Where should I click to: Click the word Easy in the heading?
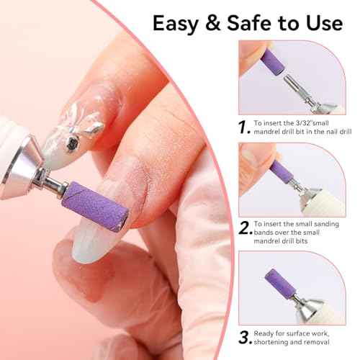pos(179,23)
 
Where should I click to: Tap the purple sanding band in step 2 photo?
pos(282,173)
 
